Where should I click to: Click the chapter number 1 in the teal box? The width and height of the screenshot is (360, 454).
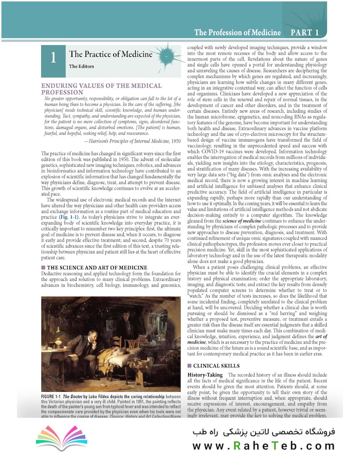pyautogui.click(x=53, y=57)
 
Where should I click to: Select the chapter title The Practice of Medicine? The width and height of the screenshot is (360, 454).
pyautogui.click(x=111, y=54)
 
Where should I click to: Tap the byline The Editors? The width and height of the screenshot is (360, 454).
pyautogui.click(x=82, y=66)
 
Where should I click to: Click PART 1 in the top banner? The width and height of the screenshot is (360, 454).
pyautogui.click(x=304, y=32)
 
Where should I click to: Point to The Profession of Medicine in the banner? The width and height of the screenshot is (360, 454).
pyautogui.click(x=237, y=32)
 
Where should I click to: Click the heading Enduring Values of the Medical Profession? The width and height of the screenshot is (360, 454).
pyautogui.click(x=101, y=89)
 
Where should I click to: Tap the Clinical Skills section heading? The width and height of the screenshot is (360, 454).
pyautogui.click(x=216, y=366)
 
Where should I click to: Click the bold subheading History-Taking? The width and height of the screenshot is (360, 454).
pyautogui.click(x=206, y=375)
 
